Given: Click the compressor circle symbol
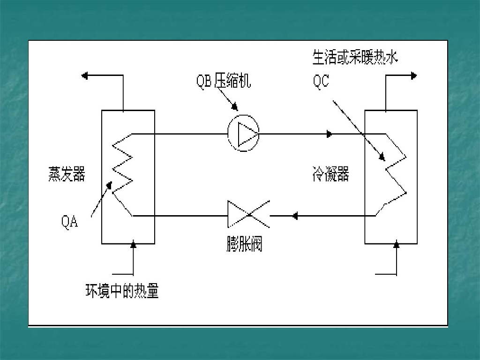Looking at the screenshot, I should pos(243,134).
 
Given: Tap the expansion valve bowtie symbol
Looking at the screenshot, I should pos(248,215).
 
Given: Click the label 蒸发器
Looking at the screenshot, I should pos(67,174).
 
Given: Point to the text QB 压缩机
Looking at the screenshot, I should pos(223,81).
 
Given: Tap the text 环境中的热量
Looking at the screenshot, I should pos(122,291).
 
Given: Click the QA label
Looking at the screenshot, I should pos(70,221).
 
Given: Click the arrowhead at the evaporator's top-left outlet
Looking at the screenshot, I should pos(85,75).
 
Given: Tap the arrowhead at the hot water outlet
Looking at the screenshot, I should pos(413,75).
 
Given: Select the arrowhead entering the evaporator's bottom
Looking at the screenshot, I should pos(134,245).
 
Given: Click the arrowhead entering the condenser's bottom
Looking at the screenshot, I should pos(397,245).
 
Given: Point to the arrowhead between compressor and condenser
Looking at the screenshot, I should pos(330,134).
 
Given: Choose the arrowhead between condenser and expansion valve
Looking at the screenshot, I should pos(295,216).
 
